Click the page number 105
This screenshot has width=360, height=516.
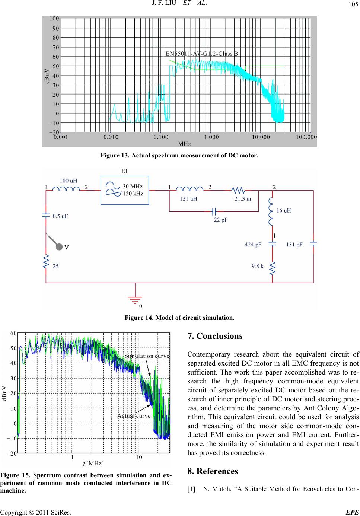point(353,4)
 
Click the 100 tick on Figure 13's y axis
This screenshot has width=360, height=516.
point(54,19)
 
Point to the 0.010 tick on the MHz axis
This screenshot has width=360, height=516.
point(111,137)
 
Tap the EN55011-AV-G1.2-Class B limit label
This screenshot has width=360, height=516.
point(202,54)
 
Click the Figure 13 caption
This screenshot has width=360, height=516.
point(180,156)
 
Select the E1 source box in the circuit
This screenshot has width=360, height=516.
point(125,190)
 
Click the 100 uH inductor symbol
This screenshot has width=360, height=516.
point(66,189)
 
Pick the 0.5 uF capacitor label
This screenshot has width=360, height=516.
point(60,216)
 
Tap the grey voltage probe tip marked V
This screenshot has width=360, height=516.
point(59,247)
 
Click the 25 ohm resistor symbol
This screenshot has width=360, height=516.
point(46,261)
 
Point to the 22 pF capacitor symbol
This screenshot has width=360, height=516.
point(214,211)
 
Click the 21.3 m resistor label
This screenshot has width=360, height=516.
point(243,199)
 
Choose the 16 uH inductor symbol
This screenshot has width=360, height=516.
point(271,211)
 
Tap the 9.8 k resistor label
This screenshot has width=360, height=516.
point(258,266)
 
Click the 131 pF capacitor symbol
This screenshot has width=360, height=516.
point(313,244)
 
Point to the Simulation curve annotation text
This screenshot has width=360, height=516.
point(147,356)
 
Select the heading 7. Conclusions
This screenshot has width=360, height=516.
point(215,336)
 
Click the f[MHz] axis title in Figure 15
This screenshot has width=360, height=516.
point(93,463)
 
